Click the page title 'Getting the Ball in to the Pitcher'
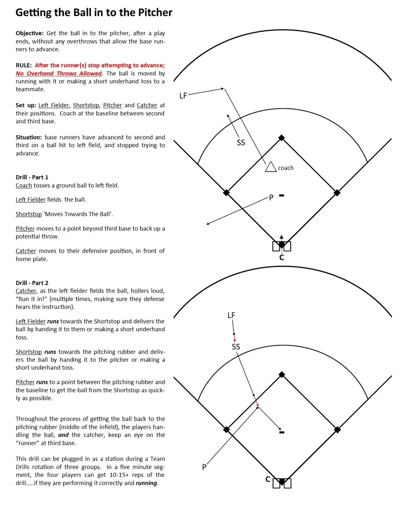click(x=94, y=13)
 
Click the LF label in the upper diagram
click(x=183, y=96)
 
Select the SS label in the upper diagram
click(x=241, y=143)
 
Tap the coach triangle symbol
click(x=271, y=167)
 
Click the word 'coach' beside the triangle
click(x=286, y=168)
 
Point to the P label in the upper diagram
click(x=271, y=198)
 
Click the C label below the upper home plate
click(x=282, y=257)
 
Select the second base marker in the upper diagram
click(x=282, y=138)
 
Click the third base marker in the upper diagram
click(x=227, y=193)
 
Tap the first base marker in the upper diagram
click(x=337, y=193)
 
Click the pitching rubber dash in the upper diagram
click(x=282, y=196)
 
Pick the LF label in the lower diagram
click(x=231, y=316)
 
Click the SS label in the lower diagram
click(x=236, y=347)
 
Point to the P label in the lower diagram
click(x=204, y=467)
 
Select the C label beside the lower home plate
click(x=268, y=479)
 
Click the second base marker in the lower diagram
click(x=282, y=374)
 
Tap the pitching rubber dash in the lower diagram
click(x=282, y=432)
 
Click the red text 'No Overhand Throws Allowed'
click(x=59, y=73)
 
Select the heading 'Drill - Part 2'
click(x=32, y=283)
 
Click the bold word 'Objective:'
click(x=30, y=33)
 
